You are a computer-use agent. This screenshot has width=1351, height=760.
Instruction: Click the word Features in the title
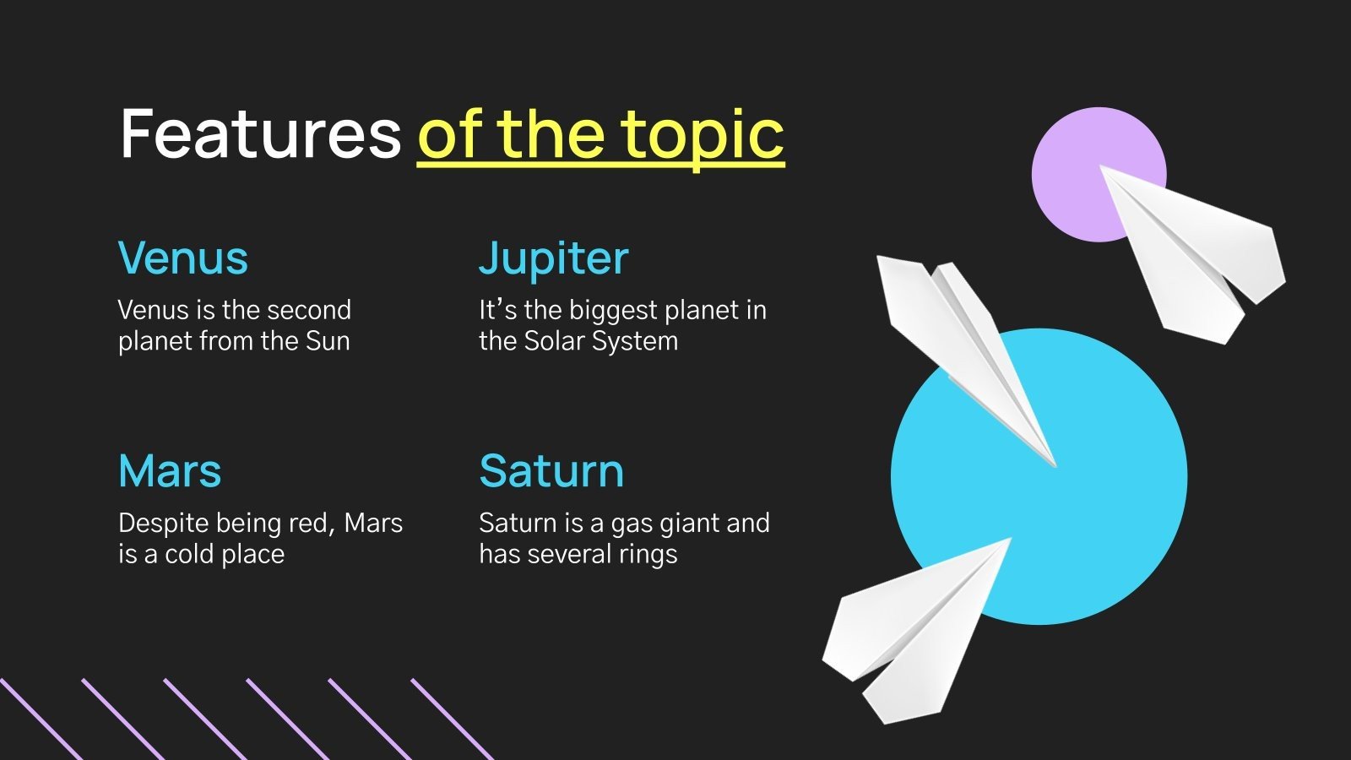click(260, 133)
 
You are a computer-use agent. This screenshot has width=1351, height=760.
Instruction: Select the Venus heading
click(183, 258)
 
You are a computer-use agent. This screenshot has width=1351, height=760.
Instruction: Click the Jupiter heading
click(553, 258)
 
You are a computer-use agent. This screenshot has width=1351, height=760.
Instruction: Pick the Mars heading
click(170, 470)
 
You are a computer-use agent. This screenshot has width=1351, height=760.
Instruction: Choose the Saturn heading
click(551, 470)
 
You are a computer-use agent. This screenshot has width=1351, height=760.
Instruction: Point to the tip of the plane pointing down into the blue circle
click(1054, 464)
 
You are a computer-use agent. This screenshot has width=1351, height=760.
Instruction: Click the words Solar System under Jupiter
click(600, 341)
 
